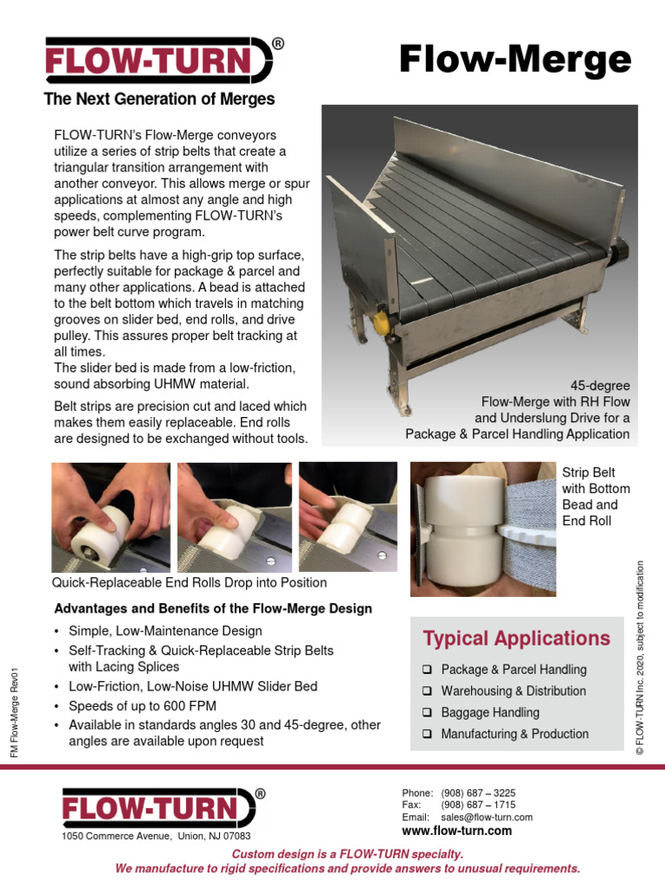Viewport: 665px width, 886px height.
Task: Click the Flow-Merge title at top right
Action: tap(514, 61)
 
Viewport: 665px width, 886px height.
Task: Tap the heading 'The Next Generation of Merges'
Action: tap(159, 100)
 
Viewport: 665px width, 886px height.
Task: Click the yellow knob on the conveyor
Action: tap(380, 323)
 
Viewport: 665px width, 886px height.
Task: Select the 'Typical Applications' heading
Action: tap(516, 639)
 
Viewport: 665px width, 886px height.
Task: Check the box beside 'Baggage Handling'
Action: tap(428, 713)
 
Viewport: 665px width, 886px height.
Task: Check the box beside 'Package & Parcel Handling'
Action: tap(428, 670)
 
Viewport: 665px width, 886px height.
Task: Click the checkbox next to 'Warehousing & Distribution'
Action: tap(428, 691)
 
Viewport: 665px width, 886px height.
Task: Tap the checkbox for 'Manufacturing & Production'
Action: tap(428, 735)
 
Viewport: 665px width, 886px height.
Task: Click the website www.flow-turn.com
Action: tap(456, 831)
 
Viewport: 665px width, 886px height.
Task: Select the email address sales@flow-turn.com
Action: tap(487, 817)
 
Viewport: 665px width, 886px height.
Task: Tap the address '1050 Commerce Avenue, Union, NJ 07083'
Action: tap(156, 837)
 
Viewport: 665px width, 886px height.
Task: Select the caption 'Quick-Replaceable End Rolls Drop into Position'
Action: tap(190, 582)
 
